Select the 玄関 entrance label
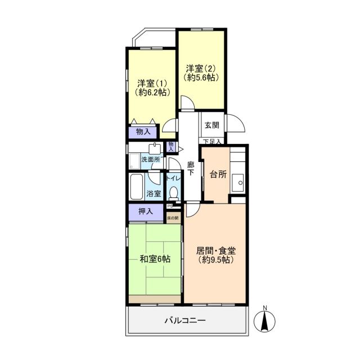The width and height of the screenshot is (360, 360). pyautogui.click(x=212, y=125)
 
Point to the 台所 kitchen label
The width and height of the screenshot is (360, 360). pyautogui.click(x=218, y=174)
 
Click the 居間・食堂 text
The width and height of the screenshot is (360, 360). pyautogui.click(x=216, y=250)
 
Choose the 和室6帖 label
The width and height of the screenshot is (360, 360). pyautogui.click(x=155, y=259)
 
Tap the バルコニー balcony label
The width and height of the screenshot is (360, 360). pyautogui.click(x=185, y=321)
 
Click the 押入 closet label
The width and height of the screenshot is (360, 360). pyautogui.click(x=146, y=212)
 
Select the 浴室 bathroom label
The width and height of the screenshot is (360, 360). pyautogui.click(x=154, y=193)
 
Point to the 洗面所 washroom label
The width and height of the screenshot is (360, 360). pyautogui.click(x=151, y=160)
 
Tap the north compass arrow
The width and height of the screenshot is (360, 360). pyautogui.click(x=265, y=321)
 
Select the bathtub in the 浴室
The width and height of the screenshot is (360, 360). pyautogui.click(x=137, y=187)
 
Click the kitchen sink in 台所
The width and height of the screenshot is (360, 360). pyautogui.click(x=240, y=182)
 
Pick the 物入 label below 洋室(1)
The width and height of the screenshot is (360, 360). pyautogui.click(x=143, y=132)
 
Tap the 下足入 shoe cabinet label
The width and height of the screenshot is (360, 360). pyautogui.click(x=212, y=142)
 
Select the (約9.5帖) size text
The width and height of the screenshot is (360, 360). pyautogui.click(x=216, y=260)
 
